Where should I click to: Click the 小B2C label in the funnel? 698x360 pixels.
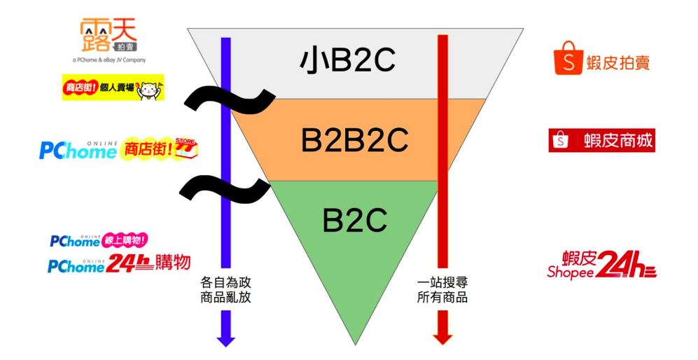tap(348, 61)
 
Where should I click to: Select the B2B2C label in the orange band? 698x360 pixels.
tap(354, 140)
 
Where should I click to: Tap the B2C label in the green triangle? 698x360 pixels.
tap(354, 220)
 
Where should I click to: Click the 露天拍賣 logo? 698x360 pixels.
tap(109, 34)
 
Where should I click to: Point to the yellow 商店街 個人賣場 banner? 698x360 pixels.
tap(113, 88)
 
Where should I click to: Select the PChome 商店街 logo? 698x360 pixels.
tap(118, 149)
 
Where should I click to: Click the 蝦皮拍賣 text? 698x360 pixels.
tap(618, 62)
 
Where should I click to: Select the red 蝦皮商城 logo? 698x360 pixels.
tap(601, 140)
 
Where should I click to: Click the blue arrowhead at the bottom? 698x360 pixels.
tap(225, 340)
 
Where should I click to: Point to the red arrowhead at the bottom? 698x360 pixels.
tap(442, 338)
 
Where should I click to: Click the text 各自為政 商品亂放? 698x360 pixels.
tap(225, 290)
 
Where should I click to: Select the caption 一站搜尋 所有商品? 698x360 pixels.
tap(442, 290)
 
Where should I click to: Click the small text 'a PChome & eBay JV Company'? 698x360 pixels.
tap(109, 60)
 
